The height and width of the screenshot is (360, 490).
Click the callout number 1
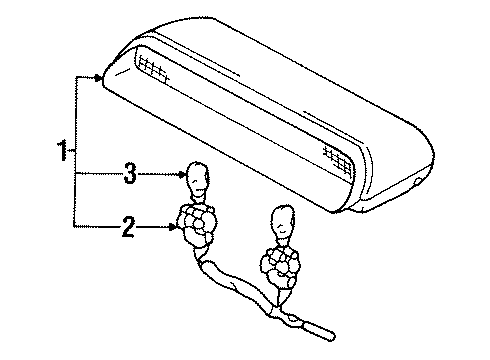(62, 153)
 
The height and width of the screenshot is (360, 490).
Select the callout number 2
(127, 229)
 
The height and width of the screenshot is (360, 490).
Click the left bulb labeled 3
(197, 179)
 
